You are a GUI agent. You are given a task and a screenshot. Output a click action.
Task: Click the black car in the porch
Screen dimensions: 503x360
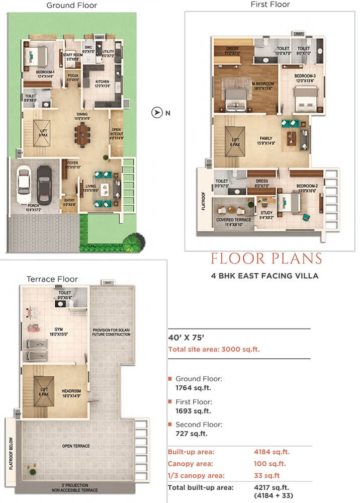click(44, 185)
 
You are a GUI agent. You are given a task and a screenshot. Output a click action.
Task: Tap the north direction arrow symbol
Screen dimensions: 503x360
click(157, 113)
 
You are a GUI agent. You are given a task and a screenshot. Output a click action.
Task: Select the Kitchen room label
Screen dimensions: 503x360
click(103, 83)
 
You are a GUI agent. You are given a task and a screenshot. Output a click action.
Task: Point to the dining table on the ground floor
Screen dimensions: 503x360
click(82, 134)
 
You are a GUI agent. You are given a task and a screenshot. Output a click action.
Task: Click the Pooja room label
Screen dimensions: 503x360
click(72, 77)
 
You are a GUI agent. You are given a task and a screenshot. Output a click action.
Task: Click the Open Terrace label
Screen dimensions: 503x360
click(77, 445)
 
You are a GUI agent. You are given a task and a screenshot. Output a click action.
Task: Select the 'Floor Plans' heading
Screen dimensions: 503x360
click(266, 259)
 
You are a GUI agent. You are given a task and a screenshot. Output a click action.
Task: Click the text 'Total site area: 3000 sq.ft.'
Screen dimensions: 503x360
click(214, 349)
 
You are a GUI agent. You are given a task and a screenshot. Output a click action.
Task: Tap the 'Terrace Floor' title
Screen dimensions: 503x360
click(52, 279)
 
